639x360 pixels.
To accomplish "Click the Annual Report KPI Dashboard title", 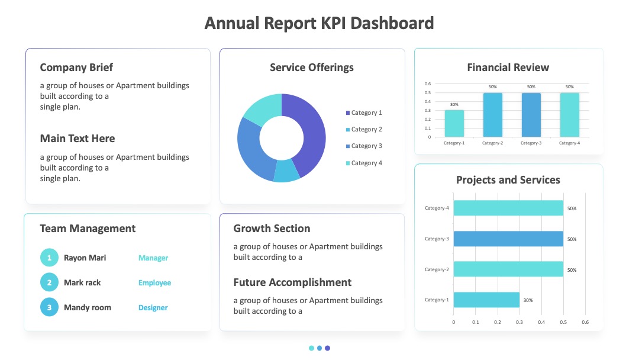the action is [x=319, y=23].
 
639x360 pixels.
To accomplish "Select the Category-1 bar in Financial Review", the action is [x=454, y=124].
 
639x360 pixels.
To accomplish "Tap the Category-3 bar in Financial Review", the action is [x=531, y=115].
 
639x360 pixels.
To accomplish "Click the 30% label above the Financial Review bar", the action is [x=454, y=104].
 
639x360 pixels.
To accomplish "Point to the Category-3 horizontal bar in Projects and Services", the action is [x=508, y=239].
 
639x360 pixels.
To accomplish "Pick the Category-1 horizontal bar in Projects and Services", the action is [x=486, y=300].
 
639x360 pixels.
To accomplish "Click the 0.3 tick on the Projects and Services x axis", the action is [x=519, y=322].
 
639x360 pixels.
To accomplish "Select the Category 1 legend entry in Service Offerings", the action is [x=364, y=112].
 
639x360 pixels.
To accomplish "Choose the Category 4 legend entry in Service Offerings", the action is [x=364, y=163].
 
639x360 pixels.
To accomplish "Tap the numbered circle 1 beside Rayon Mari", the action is [x=49, y=258].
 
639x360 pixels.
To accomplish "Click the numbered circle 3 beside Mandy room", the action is [x=49, y=307].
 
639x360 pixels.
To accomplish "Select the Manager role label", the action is [x=153, y=258].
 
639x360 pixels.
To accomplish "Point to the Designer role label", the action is [x=153, y=308].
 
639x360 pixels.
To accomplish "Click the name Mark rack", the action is [x=82, y=282].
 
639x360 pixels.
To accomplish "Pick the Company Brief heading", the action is [x=76, y=67].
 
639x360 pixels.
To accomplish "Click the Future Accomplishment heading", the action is [x=292, y=282].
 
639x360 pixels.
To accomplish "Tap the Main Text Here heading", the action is [x=78, y=139].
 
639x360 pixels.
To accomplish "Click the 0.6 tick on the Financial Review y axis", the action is [x=428, y=83].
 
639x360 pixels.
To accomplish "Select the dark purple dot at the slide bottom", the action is [x=327, y=348].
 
